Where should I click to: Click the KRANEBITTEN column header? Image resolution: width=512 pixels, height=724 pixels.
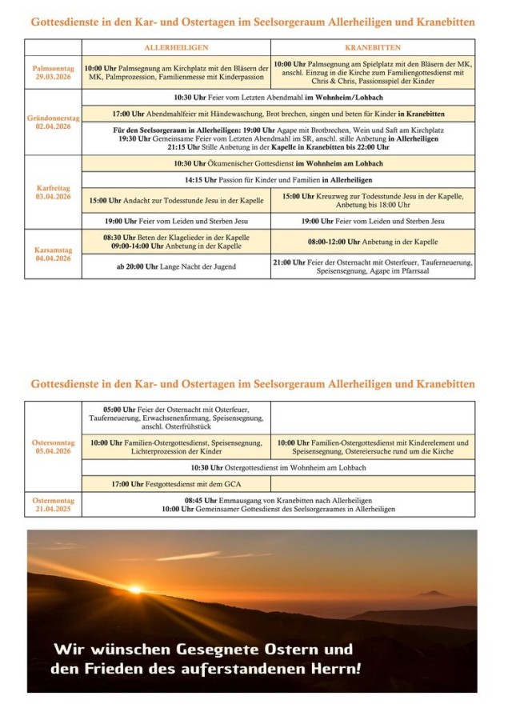(x=372, y=48)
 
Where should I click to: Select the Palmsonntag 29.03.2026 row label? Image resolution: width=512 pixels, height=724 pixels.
(x=53, y=73)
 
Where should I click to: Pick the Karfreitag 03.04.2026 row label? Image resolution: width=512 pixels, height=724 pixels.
(x=53, y=193)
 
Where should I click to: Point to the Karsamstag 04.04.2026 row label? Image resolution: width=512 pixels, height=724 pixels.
(x=53, y=254)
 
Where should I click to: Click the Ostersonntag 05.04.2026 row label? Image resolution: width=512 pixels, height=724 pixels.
(x=53, y=446)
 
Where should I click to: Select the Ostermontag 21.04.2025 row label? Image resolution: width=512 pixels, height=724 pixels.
(x=53, y=504)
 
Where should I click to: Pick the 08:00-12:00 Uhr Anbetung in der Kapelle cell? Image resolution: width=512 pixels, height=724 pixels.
(x=372, y=241)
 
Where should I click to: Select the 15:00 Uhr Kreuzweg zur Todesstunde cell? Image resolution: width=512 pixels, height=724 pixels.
(x=372, y=200)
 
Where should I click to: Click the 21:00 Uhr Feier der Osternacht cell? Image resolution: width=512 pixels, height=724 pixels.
(x=372, y=266)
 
